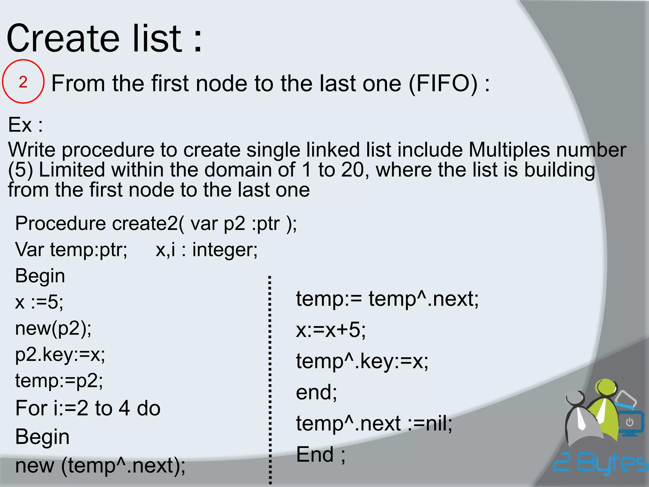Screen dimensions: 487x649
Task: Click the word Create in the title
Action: [63, 39]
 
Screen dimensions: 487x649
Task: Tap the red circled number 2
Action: [23, 82]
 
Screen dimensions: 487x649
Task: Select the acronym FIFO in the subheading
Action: [443, 83]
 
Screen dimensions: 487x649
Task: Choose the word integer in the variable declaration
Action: [225, 250]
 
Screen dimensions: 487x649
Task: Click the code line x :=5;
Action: [39, 302]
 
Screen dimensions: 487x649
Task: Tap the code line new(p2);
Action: [53, 328]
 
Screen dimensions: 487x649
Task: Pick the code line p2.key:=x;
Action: [60, 354]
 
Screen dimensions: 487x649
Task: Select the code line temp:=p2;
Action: [59, 380]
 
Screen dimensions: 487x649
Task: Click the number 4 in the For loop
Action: [124, 408]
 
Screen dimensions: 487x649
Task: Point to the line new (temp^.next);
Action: [100, 465]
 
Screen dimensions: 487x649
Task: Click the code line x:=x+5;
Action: [331, 330]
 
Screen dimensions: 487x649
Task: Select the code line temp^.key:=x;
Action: [362, 361]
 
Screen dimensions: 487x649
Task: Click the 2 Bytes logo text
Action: [601, 464]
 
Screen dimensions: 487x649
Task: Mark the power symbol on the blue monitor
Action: [629, 422]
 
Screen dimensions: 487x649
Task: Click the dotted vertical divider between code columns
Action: [270, 380]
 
